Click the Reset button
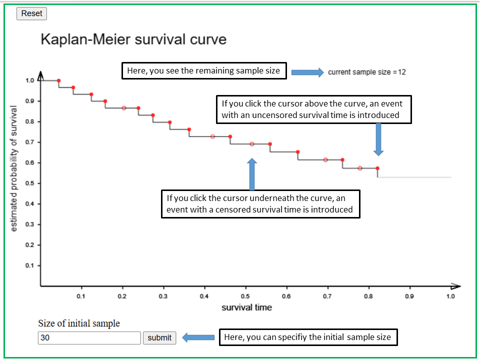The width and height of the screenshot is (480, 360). point(31,13)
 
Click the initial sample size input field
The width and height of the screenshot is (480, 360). point(89,338)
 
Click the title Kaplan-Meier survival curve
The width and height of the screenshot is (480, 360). point(133,39)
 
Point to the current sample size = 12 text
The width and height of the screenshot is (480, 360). point(366,72)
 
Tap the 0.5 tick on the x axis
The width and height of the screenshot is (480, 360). point(245,296)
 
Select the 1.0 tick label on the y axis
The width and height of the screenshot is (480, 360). point(29,80)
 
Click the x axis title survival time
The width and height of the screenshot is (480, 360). point(246,307)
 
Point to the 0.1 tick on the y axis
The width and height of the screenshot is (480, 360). point(29,265)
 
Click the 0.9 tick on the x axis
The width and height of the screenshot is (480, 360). point(409,296)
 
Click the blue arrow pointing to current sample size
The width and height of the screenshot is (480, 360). point(307,72)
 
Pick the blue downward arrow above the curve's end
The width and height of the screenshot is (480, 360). point(378,138)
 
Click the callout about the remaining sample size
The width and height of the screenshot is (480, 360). point(203,71)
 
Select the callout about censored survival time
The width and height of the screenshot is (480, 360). point(260,203)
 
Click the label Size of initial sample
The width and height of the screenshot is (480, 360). point(79,323)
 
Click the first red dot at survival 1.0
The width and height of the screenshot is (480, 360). point(58,80)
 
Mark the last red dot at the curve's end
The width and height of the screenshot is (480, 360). point(377,168)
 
